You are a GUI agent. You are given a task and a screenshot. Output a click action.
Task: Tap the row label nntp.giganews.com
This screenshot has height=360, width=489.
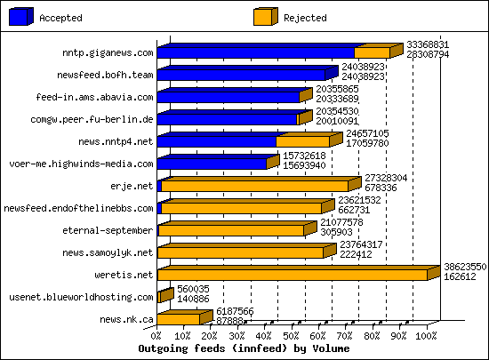tap(101, 52)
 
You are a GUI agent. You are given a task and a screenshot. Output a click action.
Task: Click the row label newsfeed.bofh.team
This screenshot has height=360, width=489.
tap(105, 75)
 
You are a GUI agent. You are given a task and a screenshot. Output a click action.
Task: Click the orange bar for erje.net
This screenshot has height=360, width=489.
tap(255, 186)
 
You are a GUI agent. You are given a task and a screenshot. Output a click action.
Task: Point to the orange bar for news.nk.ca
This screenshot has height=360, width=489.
tap(178, 319)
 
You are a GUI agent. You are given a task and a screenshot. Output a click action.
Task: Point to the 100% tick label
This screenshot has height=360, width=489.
tap(426, 336)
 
